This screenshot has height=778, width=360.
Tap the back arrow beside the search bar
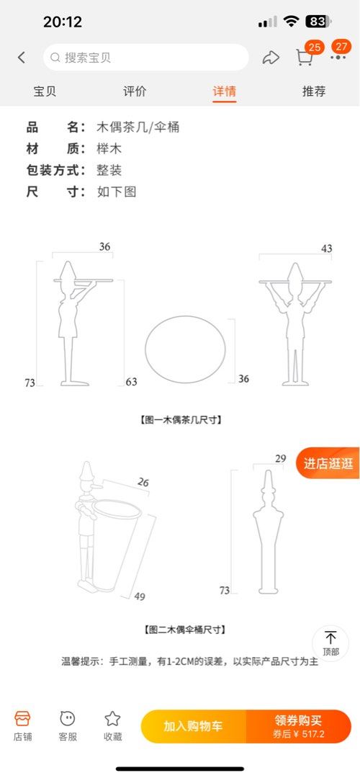(22, 58)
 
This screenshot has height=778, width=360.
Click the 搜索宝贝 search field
(145, 58)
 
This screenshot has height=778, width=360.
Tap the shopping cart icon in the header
(304, 58)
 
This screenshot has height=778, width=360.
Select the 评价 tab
(135, 91)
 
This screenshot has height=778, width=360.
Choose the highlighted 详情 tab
(225, 91)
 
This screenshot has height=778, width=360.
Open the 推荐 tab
(314, 91)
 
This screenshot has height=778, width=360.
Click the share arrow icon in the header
(271, 58)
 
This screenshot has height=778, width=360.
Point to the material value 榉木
(109, 149)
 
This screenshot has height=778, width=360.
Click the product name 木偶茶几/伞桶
(138, 128)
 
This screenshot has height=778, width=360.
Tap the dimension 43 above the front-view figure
(326, 249)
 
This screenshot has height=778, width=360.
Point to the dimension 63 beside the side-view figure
(132, 382)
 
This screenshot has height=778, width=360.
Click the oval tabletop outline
(185, 316)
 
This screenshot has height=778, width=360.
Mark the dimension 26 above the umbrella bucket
(143, 482)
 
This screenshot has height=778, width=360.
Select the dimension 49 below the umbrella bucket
(140, 596)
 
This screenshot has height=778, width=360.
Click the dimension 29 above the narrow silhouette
(281, 458)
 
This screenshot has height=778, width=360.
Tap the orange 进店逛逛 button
(328, 463)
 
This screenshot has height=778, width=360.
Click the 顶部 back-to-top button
(330, 643)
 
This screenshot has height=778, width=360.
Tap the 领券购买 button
(299, 726)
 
